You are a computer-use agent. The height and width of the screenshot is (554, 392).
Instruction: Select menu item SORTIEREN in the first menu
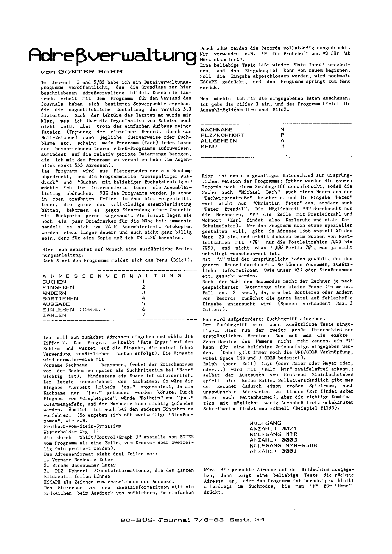(60, 298)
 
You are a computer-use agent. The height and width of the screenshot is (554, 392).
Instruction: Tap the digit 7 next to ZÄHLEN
(144, 315)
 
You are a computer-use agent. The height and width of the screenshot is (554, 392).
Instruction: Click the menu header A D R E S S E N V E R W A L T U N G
(112, 276)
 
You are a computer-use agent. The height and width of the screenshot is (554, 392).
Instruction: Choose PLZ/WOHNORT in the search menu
(223, 135)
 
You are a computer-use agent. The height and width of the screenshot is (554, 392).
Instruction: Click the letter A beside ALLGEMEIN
(282, 141)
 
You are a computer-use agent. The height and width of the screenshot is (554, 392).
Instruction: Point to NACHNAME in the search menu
(217, 129)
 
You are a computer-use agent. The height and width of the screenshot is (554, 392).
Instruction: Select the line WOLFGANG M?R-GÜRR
(283, 446)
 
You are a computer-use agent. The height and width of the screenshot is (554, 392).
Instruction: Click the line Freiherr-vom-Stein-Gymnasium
(82, 426)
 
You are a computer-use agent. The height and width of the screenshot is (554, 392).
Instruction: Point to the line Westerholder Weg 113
(71, 431)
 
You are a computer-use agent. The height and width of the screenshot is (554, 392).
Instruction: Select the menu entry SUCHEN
(54, 282)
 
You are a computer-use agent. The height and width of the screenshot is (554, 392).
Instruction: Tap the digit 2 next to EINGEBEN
(144, 287)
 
